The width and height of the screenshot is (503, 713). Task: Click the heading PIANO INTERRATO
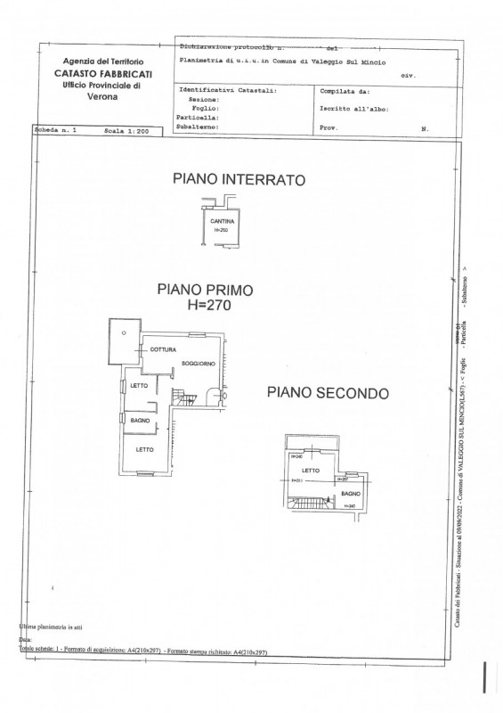pyautogui.click(x=238, y=180)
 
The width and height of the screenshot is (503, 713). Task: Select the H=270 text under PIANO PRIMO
pyautogui.click(x=205, y=305)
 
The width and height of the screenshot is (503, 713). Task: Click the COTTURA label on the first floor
pyautogui.click(x=163, y=348)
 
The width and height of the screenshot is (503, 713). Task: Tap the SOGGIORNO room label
pyautogui.click(x=199, y=365)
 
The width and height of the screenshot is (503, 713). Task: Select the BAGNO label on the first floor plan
pyautogui.click(x=140, y=420)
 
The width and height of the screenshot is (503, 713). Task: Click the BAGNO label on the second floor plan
pyautogui.click(x=349, y=493)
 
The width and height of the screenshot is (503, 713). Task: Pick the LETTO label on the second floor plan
pyautogui.click(x=311, y=470)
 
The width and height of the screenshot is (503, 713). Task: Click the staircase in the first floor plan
pyautogui.click(x=182, y=398)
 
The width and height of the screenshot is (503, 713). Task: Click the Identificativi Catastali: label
pyautogui.click(x=227, y=91)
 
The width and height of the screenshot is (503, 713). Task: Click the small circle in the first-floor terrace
pyautogui.click(x=125, y=332)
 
